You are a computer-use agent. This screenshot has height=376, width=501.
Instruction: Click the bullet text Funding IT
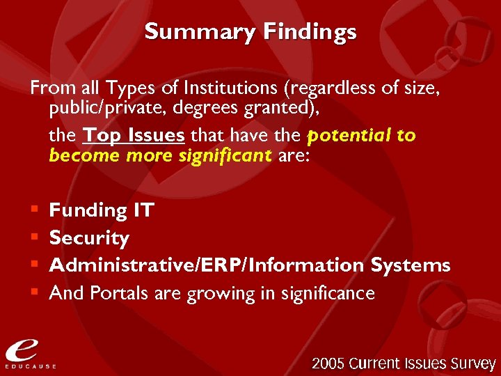102,210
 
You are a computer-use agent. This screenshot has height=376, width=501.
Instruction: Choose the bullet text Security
89,238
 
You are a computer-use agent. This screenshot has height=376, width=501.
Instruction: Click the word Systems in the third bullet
411,265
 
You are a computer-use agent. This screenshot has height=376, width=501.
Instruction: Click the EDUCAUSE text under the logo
31,366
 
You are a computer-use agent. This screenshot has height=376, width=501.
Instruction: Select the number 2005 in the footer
328,363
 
